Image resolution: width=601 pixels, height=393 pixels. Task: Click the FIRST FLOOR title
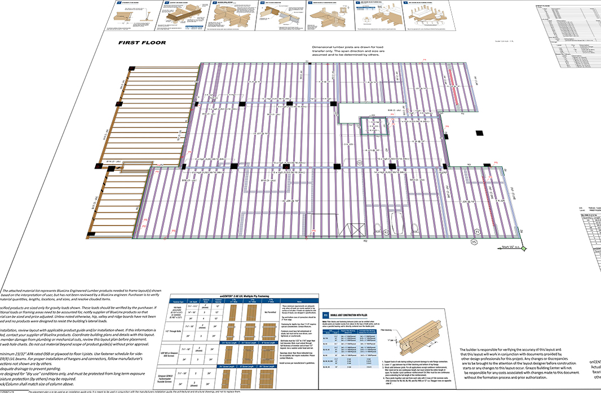tap(142, 43)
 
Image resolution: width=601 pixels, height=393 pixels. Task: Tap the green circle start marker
tap(524, 248)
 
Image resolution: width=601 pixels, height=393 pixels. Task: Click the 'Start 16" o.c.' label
tap(510, 246)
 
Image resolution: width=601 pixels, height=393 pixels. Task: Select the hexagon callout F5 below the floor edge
tap(474, 242)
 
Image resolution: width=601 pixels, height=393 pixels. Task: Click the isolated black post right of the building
tap(479, 133)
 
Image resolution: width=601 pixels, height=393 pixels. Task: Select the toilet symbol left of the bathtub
tap(387, 231)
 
